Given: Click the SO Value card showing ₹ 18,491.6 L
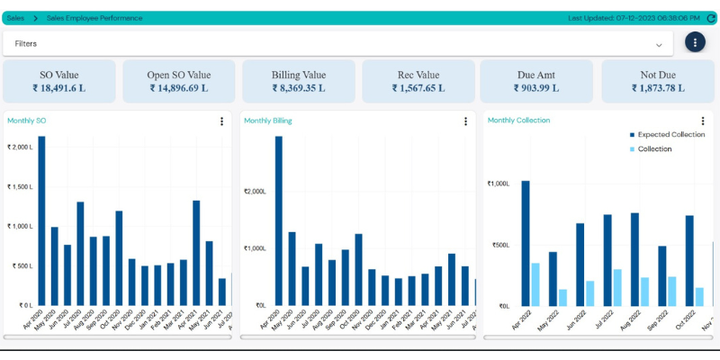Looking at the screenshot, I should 59,82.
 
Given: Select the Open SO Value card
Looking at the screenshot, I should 179,82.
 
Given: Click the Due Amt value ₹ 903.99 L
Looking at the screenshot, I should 536,88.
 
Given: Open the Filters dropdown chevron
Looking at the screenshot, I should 659,44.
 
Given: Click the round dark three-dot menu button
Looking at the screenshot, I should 695,42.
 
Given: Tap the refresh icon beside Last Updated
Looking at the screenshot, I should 710,18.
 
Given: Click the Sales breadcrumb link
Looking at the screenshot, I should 15,18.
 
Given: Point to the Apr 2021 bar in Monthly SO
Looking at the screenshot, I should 196,253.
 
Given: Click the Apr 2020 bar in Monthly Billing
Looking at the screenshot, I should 279,220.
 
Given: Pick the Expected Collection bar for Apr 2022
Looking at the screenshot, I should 526,243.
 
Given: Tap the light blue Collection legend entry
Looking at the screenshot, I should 654,148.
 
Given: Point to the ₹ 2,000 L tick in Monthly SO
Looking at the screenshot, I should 20,147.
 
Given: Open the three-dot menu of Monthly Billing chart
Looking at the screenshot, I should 465,121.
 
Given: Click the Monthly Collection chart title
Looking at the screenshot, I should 518,121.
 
